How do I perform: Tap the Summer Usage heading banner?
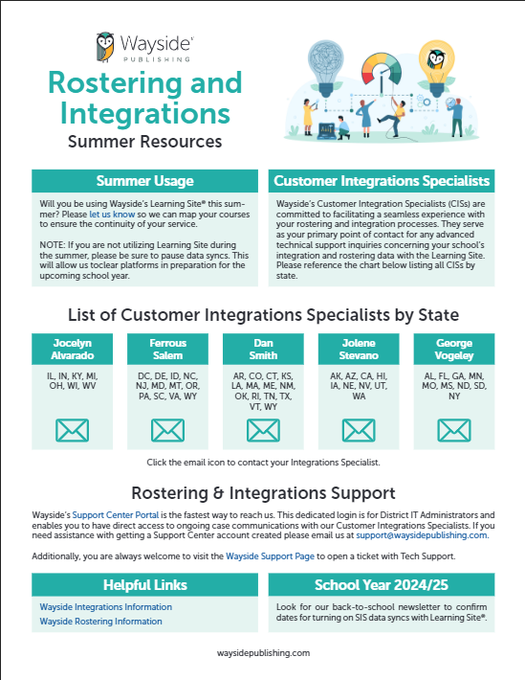[144, 180]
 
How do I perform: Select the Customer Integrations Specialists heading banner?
[381, 180]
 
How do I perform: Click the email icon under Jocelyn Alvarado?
[73, 430]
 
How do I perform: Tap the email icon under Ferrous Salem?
[167, 430]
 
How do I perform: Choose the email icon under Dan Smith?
[263, 430]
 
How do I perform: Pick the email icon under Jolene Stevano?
[359, 430]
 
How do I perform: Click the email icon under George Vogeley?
[453, 430]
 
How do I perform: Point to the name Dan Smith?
[263, 349]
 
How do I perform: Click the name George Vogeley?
[453, 349]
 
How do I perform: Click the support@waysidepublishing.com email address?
[435, 535]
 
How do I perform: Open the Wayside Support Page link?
[271, 555]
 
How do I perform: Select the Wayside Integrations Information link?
[106, 607]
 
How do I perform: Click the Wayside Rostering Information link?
[100, 622]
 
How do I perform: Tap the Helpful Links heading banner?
[144, 584]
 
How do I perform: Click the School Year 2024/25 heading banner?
[381, 584]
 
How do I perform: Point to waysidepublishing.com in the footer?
[263, 652]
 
